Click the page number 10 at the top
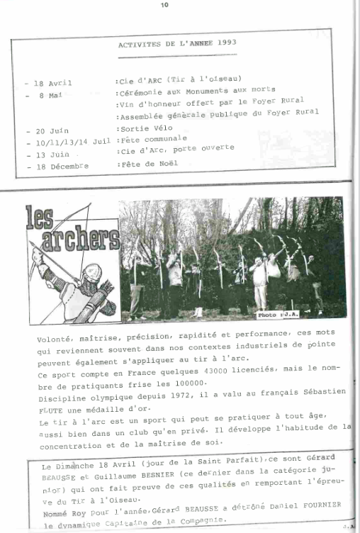pos(164,6)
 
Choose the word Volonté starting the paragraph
pos(55,340)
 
